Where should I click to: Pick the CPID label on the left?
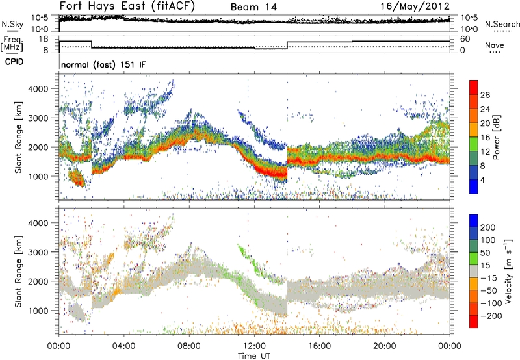[12, 62]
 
